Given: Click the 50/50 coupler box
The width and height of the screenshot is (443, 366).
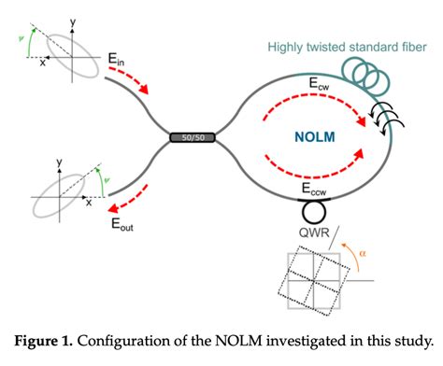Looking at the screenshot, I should pos(190,138).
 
